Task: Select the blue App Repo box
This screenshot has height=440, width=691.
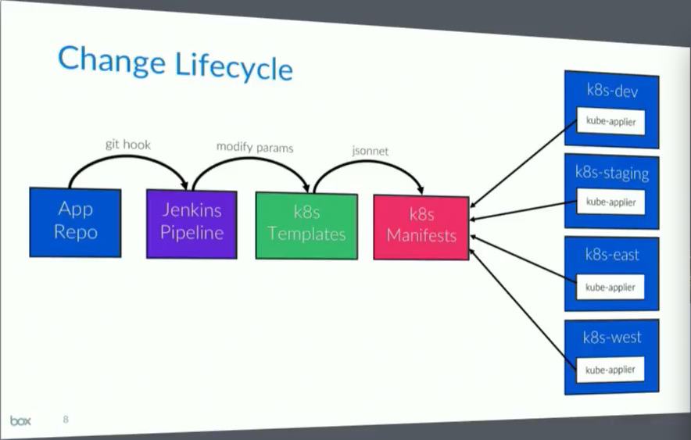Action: tap(75, 222)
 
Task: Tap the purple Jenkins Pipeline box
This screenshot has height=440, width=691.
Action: tap(192, 223)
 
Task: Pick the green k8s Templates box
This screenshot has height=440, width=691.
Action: tap(306, 224)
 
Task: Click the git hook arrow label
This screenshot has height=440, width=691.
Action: tap(128, 145)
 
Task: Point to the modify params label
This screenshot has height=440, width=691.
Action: tap(255, 147)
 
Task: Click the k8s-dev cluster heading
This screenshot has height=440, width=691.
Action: tap(613, 91)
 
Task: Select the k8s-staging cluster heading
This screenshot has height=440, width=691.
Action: tap(612, 173)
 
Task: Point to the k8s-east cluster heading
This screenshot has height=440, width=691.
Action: tap(612, 256)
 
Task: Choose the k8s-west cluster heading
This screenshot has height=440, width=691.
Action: tap(612, 338)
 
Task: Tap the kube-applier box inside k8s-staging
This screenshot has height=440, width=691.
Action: tap(611, 202)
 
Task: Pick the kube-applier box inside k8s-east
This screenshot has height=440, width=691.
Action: tap(611, 287)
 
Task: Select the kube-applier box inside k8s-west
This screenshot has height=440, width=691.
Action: tap(610, 369)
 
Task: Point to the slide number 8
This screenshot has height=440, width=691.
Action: tap(66, 420)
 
